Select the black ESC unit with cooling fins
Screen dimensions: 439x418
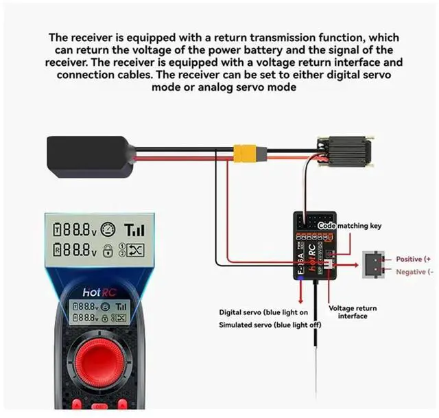[346, 151]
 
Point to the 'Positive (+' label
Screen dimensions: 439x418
[413, 259]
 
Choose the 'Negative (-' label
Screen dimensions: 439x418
[413, 272]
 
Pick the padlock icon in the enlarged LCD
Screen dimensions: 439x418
[107, 251]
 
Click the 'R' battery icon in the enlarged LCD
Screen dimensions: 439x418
[60, 251]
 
